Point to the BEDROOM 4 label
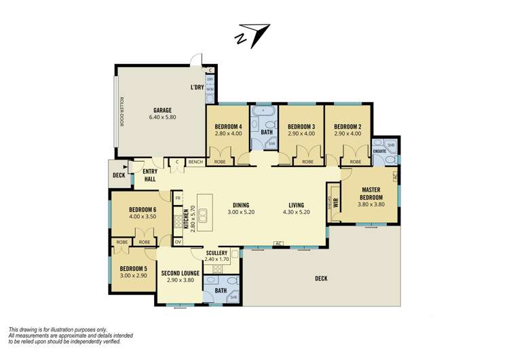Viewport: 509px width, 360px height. click(228, 126)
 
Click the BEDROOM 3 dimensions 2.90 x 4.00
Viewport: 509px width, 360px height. click(301, 134)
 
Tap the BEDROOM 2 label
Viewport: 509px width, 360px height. click(346, 126)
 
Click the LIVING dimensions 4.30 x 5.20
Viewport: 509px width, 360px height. click(295, 212)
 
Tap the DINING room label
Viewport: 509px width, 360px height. click(241, 204)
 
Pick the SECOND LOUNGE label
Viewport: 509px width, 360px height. click(180, 273)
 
